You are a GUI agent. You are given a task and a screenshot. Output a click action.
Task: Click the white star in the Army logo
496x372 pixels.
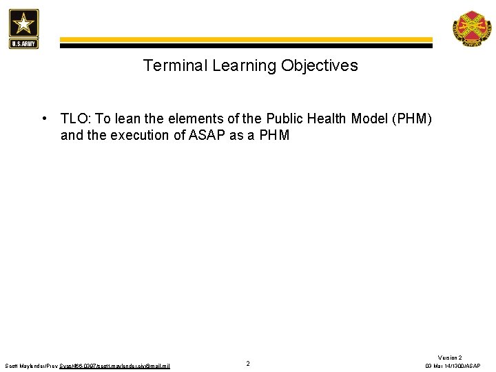(24, 25)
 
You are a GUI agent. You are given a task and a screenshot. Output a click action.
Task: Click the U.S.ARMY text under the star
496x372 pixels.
(24, 43)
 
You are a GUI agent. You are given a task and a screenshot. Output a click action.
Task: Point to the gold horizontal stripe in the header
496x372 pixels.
(245, 40)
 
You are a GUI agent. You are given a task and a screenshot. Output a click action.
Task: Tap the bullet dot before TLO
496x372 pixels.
(44, 118)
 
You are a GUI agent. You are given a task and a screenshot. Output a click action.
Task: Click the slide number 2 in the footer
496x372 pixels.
(248, 363)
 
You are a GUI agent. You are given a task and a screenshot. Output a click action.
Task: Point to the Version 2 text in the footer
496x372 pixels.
(450, 358)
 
